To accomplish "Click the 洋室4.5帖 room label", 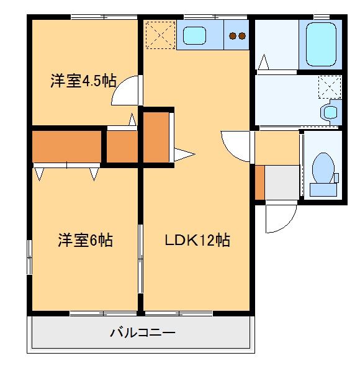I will point(83,81).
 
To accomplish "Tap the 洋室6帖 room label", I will point(86,240).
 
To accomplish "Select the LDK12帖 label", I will point(197,240).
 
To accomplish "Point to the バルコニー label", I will point(143,333).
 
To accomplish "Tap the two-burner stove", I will point(236,36).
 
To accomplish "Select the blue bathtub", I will point(321,44).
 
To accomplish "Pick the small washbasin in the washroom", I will point(331,112).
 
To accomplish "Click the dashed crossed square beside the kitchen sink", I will point(160,34).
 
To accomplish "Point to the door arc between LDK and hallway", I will point(235,146).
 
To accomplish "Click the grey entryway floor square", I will point(283,182).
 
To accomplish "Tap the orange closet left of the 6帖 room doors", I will point(66,146).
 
